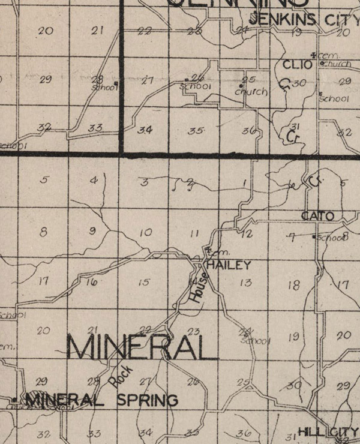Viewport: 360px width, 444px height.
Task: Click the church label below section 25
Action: click(x=251, y=92)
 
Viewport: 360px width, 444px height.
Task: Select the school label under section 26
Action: click(x=196, y=86)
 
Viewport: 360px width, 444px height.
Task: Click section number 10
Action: click(x=145, y=232)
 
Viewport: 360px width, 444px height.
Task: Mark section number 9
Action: click(x=92, y=230)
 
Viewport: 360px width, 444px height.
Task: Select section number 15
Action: click(x=143, y=282)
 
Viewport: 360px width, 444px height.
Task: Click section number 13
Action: click(x=245, y=283)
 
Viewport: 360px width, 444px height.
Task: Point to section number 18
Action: click(x=293, y=286)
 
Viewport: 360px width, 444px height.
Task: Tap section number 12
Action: click(x=247, y=235)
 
